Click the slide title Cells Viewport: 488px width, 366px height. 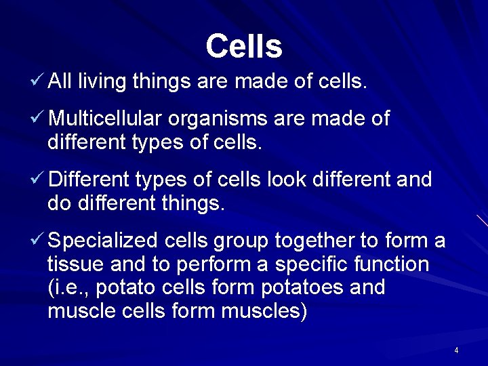pyautogui.click(x=243, y=46)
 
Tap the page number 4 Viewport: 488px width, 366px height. pyautogui.click(x=456, y=350)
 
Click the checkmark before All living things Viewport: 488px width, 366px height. pyautogui.click(x=38, y=82)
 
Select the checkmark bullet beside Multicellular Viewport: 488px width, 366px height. pyautogui.click(x=38, y=119)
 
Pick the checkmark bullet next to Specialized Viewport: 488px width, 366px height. pyautogui.click(x=38, y=240)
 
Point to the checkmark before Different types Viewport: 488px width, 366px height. pyautogui.click(x=38, y=180)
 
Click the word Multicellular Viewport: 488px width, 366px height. pyautogui.click(x=105, y=119)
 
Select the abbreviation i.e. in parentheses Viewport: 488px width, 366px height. pyautogui.click(x=68, y=287)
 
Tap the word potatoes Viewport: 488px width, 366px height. pyautogui.click(x=302, y=287)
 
